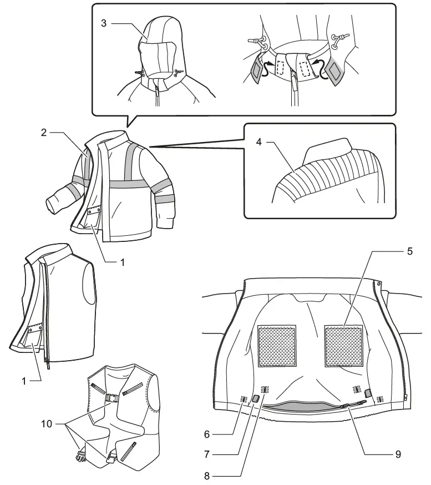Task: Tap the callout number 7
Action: (x=206, y=454)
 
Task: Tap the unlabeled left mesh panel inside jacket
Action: (x=277, y=346)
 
